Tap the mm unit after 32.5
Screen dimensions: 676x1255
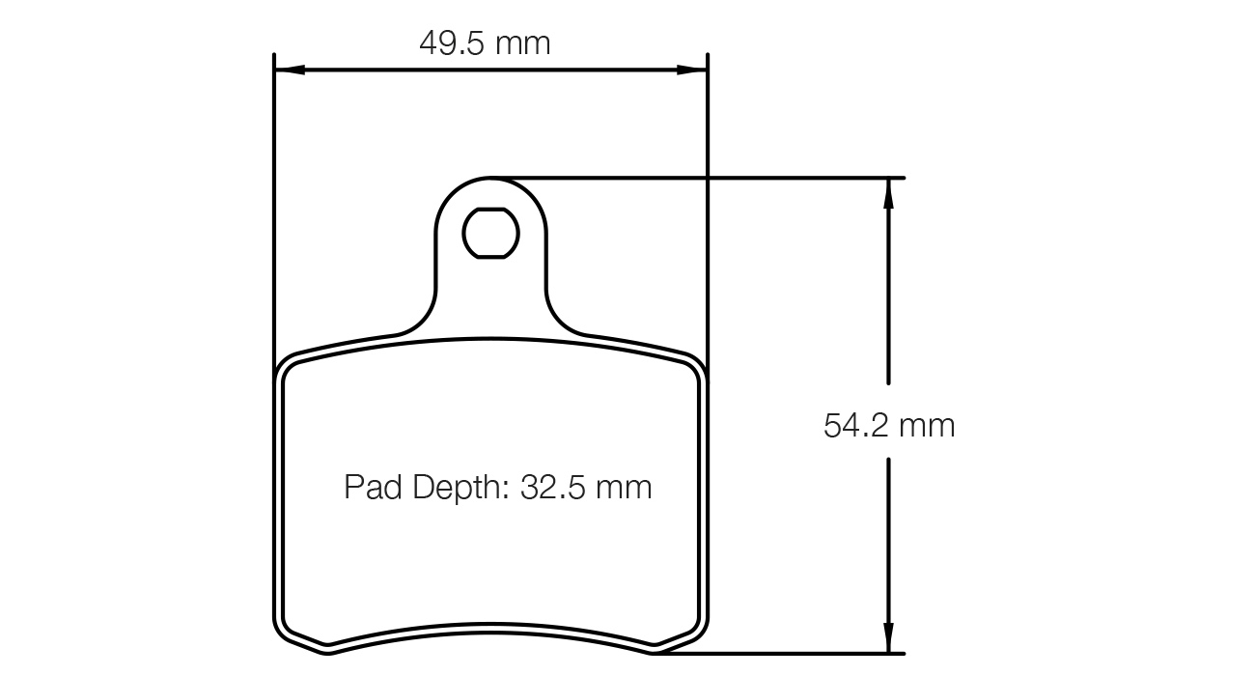[x=623, y=487]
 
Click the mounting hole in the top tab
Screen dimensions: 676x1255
[x=491, y=233]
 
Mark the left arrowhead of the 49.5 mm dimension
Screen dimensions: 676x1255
[x=289, y=70]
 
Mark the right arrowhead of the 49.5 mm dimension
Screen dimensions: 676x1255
[x=693, y=70]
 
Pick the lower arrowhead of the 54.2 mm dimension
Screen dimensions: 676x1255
[x=888, y=638]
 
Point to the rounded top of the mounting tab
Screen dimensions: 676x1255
[x=490, y=180]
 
